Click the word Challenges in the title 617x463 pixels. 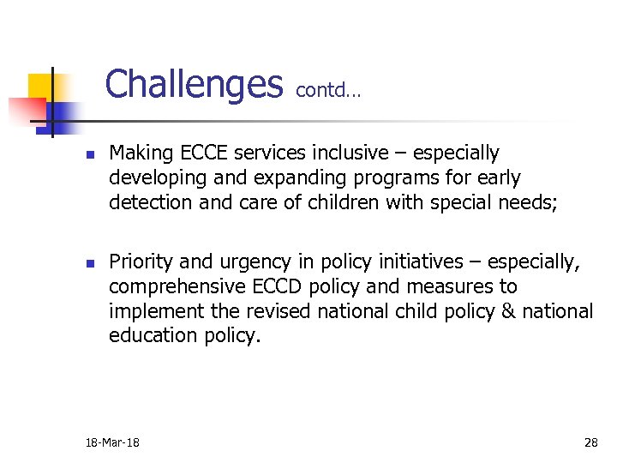[x=194, y=84]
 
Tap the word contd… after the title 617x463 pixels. [x=328, y=90]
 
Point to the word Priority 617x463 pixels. [x=141, y=262]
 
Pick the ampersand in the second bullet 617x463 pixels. [x=506, y=310]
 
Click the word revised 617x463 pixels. [x=279, y=310]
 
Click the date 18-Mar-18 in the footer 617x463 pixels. [x=113, y=442]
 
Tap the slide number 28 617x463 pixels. [x=590, y=442]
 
